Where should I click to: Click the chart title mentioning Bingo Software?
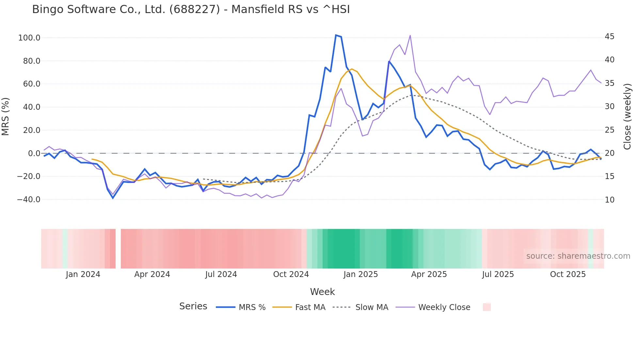(191, 9)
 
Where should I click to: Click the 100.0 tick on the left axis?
(29, 38)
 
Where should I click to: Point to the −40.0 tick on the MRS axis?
(29, 200)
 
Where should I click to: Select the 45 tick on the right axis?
(609, 37)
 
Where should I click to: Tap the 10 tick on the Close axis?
(609, 200)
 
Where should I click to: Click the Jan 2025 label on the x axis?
(360, 274)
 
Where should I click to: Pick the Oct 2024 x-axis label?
(291, 274)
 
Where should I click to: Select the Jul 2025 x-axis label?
(498, 274)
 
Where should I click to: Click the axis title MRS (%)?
(6, 116)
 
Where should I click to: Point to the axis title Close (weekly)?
(627, 116)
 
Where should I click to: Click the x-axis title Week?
(322, 292)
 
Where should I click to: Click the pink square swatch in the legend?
(487, 307)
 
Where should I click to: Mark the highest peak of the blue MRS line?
(336, 35)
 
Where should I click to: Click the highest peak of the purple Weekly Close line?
(410, 35)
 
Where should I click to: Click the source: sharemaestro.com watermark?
(578, 256)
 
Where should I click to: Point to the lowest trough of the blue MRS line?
(113, 198)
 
